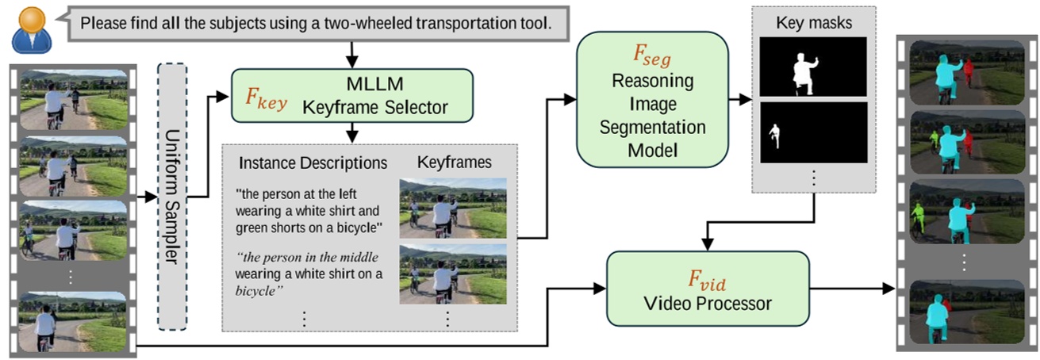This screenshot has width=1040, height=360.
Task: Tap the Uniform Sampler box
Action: coord(172,197)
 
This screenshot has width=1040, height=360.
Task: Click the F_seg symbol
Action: coord(651,55)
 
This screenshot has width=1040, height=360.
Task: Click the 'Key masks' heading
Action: coord(814,23)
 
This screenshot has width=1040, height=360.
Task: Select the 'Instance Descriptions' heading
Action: coord(313,163)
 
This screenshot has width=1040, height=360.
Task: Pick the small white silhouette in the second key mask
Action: coord(775,136)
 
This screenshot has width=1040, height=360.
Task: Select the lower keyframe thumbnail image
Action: coord(452,274)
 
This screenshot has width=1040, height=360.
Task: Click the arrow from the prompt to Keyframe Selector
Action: coord(351,54)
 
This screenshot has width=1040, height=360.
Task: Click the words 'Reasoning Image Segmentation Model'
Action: coord(651,115)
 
